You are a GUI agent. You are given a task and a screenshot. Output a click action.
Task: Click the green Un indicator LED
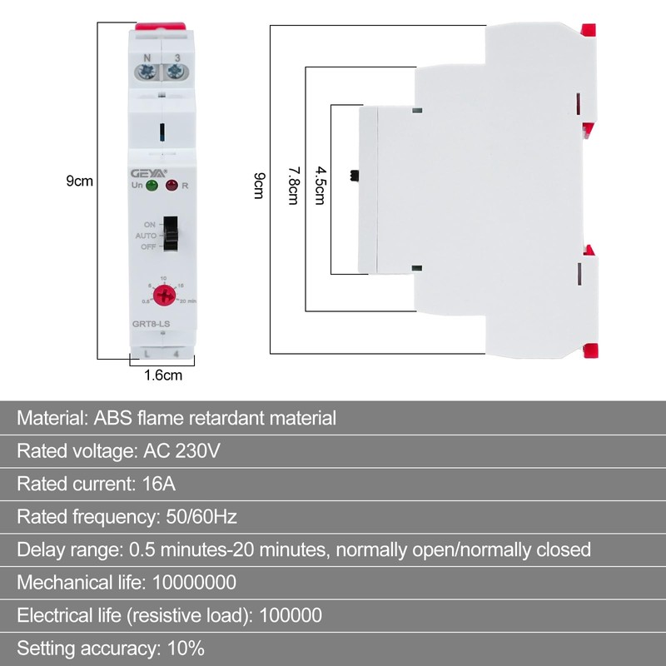152,185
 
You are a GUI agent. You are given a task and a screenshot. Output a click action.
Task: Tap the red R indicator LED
171,185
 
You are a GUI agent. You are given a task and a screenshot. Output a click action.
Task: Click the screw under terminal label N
148,72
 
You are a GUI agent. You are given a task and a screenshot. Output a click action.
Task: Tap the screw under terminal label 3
176,72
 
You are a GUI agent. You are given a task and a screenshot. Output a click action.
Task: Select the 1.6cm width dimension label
163,375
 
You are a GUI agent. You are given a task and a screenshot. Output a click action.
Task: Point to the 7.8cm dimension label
293,184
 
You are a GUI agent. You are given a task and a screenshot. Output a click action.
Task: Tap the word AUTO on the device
146,236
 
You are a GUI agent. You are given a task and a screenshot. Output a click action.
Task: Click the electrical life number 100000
291,615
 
